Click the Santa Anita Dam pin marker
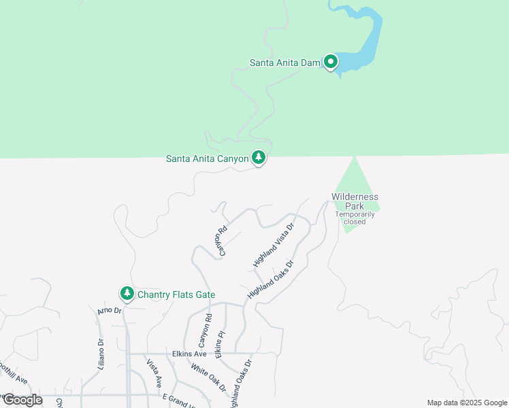[331, 63]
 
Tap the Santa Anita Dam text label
[284, 63]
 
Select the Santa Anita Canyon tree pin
[259, 158]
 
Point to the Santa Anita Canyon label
[208, 159]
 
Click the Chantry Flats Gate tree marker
[127, 294]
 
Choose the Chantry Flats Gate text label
[176, 294]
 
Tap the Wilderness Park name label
[355, 201]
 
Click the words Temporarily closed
[355, 218]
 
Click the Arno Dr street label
[108, 311]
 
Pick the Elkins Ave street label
[190, 354]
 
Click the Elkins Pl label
[220, 345]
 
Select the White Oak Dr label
[208, 377]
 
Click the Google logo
[22, 400]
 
